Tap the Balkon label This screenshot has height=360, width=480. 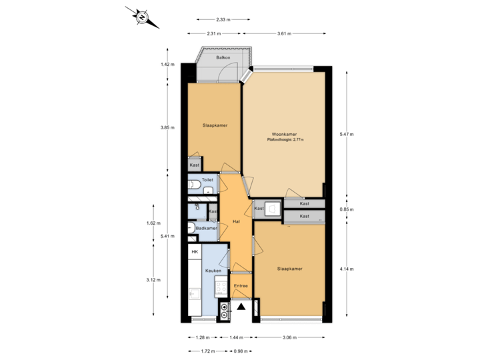[x=223, y=57]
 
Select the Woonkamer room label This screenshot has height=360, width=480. [x=283, y=133]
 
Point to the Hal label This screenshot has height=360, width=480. [x=236, y=221]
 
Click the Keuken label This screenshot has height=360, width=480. [x=213, y=271]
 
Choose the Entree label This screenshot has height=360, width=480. [x=241, y=286]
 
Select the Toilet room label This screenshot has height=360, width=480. [x=207, y=180]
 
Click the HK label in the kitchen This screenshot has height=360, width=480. [x=195, y=252]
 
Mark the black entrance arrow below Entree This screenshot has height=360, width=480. [x=241, y=307]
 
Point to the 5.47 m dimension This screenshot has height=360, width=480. [x=347, y=135]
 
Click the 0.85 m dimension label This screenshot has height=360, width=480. [x=347, y=209]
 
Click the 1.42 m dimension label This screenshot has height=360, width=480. [x=167, y=65]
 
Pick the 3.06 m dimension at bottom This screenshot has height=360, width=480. [x=289, y=337]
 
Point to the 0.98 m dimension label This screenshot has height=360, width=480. [x=241, y=351]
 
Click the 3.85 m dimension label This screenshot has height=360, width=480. [x=167, y=127]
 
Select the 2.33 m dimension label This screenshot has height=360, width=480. [x=223, y=19]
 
